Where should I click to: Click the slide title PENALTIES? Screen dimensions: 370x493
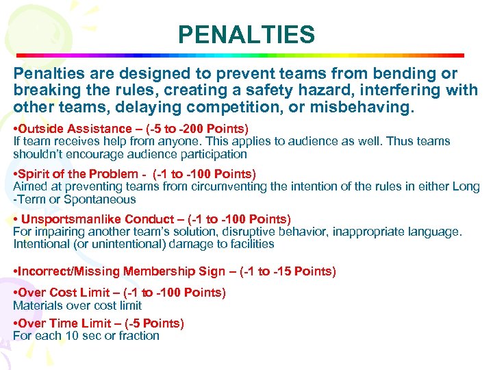246,34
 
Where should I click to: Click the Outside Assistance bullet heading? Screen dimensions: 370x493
75,129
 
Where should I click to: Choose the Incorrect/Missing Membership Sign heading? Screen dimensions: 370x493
117,272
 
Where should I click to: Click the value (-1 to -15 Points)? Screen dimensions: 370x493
288,272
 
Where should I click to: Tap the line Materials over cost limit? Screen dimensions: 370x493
77,306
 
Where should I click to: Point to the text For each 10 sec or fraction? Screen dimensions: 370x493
86,336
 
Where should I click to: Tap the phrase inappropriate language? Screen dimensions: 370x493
397,232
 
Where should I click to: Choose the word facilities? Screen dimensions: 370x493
249,244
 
